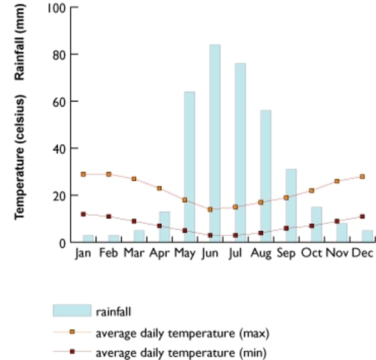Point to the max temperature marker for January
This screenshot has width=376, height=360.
coord(83,174)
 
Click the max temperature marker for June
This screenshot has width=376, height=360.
coord(210,209)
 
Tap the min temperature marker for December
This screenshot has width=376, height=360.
coord(362,216)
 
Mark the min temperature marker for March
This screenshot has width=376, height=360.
coord(134,221)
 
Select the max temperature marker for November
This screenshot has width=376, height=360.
coord(337,181)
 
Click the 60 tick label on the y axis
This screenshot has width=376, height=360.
coord(58,102)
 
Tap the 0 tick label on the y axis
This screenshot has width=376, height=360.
coord(61,243)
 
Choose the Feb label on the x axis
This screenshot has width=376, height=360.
coord(108,253)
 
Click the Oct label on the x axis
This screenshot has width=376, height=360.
coord(311,253)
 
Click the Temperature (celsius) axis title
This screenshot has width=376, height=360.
coord(21,157)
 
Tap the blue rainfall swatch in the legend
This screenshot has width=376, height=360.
coord(72,310)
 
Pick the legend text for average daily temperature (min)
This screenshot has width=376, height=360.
coord(182,353)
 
